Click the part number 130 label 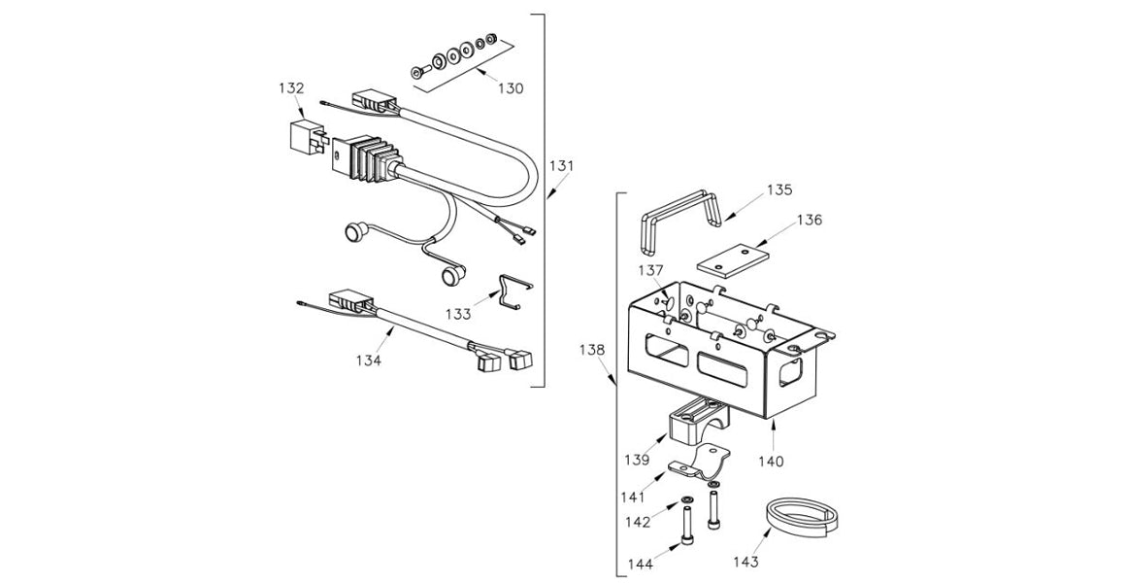pyautogui.click(x=510, y=88)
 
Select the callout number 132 pyautogui.click(x=291, y=88)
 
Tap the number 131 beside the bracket pyautogui.click(x=562, y=165)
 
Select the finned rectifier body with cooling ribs pyautogui.click(x=364, y=160)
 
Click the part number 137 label pyautogui.click(x=650, y=269)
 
